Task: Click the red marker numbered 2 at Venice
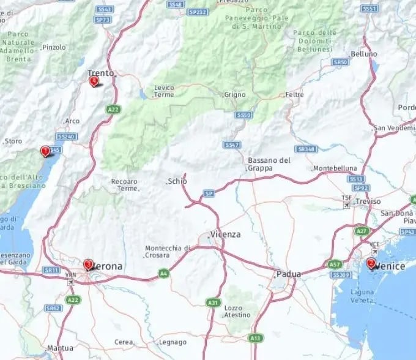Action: click(x=371, y=264)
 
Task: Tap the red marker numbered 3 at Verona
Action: click(x=89, y=264)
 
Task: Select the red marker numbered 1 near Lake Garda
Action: click(x=45, y=151)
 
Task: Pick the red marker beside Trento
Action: click(x=94, y=81)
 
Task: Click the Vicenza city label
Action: click(x=225, y=234)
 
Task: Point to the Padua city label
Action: click(x=289, y=274)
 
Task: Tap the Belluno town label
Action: click(x=364, y=54)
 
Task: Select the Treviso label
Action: click(x=368, y=201)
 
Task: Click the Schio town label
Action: click(x=178, y=181)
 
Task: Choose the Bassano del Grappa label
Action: click(x=269, y=163)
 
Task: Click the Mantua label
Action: click(x=60, y=348)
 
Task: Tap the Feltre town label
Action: click(x=294, y=95)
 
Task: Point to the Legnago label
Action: click(x=172, y=342)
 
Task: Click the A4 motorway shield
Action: click(x=163, y=273)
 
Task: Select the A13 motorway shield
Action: click(x=255, y=337)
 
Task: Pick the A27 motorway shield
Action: click(x=361, y=231)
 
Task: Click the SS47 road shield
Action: click(x=231, y=145)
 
